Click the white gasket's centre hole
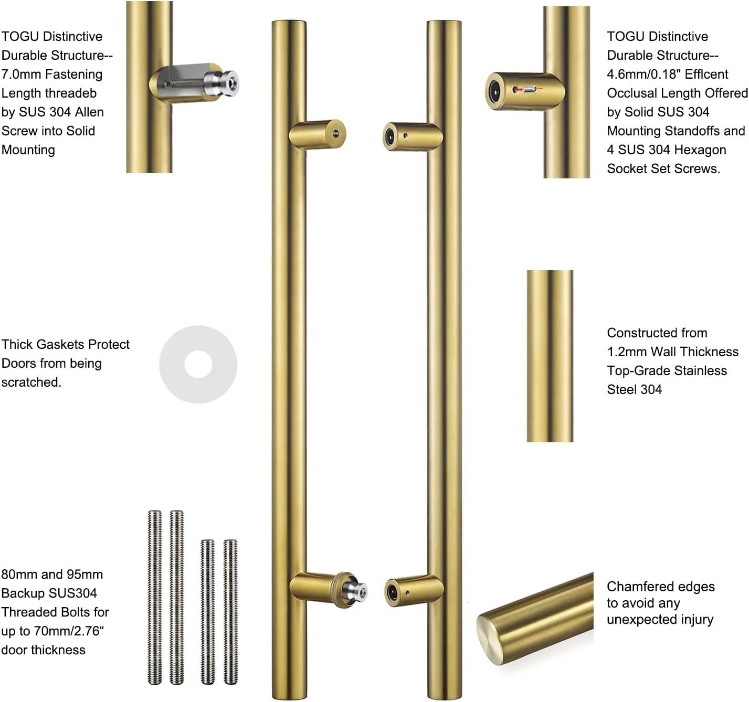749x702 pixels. pos(198,364)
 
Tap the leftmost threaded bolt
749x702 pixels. pos(154,597)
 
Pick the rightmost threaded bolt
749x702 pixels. pos(230,611)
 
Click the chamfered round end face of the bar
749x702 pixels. pos(491,640)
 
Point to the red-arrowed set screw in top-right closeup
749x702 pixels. pos(529,90)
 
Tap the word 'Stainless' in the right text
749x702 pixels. pos(698,371)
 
